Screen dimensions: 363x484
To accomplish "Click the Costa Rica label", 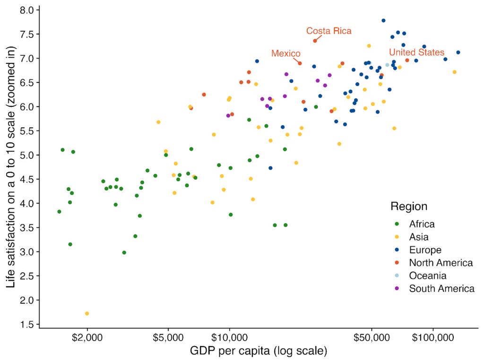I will point(329,31).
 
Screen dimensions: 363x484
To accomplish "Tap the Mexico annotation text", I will point(286,53).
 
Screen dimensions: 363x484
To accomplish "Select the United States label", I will point(416,52).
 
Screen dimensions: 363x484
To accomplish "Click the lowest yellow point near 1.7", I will point(87,313).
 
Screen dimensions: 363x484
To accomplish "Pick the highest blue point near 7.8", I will point(383,21).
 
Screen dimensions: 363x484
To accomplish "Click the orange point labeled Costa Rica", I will point(315,41).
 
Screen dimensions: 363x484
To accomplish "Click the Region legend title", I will point(409,207).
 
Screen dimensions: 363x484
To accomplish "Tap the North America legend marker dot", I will point(397,263).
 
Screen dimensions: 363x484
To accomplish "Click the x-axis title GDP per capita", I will point(259,352).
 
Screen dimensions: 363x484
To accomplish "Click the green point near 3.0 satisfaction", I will point(124,252).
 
